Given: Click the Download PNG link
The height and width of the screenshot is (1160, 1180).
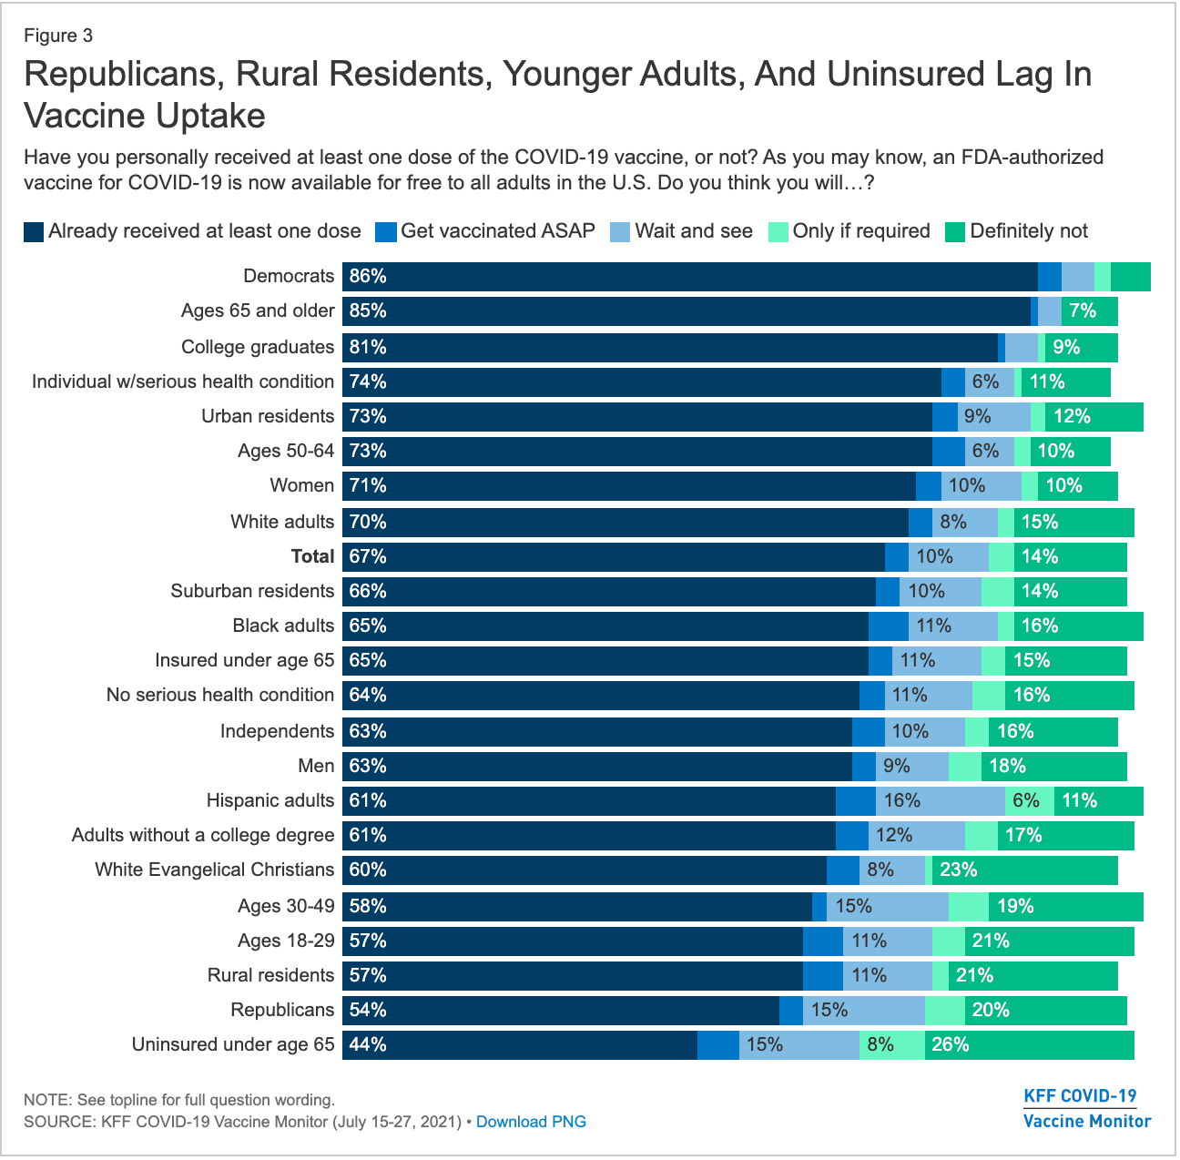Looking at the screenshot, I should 531,1122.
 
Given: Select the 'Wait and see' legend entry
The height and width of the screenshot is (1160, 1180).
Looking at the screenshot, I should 693,231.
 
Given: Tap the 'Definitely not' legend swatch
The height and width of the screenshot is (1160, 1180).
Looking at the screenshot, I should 956,231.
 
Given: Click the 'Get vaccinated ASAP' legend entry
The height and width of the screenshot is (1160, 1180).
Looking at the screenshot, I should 496,231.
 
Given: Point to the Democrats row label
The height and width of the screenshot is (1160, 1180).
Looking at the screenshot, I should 289,276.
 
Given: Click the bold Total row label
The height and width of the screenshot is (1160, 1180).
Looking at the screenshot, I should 312,556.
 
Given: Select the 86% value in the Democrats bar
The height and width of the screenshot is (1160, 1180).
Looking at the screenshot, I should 368,276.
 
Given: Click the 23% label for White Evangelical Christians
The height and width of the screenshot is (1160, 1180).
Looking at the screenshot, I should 958,870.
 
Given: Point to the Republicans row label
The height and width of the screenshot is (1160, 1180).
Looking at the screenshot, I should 282,1010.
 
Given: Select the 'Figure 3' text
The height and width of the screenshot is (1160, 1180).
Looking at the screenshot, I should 58,36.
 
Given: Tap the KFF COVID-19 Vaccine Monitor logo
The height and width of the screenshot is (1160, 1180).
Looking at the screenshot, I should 1086,1108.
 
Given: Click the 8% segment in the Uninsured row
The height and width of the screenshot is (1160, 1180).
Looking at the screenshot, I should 880,1044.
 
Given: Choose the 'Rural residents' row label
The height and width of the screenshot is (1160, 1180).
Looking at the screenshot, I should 270,975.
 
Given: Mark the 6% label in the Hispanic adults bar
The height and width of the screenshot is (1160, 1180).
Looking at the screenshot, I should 1026,800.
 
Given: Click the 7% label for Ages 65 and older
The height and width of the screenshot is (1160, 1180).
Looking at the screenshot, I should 1083,310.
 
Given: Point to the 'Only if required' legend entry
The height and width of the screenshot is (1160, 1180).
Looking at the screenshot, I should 860,231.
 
